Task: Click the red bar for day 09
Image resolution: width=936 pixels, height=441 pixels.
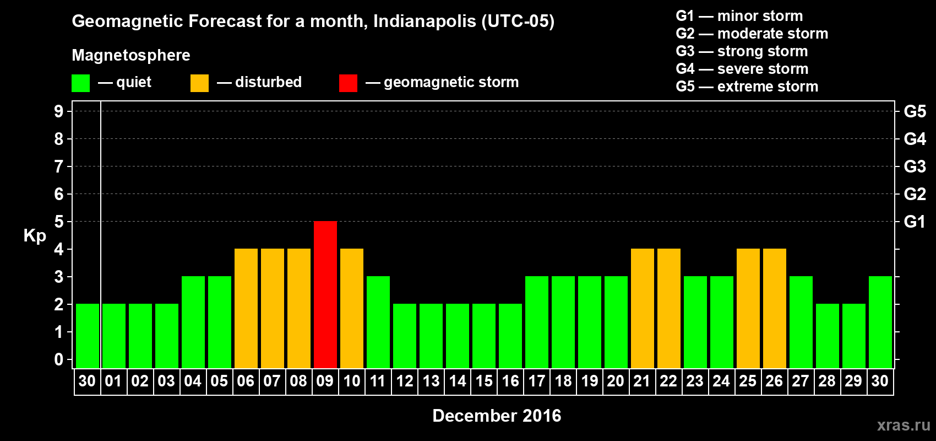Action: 325,294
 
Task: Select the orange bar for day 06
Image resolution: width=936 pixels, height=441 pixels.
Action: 246,308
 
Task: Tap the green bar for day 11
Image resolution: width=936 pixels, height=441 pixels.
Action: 378,322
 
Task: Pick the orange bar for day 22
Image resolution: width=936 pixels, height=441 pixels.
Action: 669,308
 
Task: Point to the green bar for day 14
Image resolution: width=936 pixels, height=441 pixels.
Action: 458,336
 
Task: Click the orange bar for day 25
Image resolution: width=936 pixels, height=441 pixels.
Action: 748,308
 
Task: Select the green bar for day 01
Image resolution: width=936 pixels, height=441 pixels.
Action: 114,336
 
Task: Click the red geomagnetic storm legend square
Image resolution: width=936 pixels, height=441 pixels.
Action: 348,83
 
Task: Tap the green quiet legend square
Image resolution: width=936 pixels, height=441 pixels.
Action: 80,83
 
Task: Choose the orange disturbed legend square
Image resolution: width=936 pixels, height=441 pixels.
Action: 199,83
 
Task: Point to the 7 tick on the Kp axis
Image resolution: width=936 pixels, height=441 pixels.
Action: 59,166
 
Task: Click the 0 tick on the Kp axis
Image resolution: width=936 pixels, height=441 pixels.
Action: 59,359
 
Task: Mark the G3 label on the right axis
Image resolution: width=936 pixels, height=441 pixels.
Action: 915,166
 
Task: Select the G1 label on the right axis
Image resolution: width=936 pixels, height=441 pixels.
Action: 915,222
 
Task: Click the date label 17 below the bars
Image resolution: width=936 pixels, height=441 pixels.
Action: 537,381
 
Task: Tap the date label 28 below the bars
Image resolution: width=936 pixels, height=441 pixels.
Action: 827,381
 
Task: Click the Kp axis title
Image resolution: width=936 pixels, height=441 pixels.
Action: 35,235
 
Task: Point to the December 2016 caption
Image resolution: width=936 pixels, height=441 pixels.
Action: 497,416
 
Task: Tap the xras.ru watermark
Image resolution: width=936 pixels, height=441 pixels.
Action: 904,424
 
